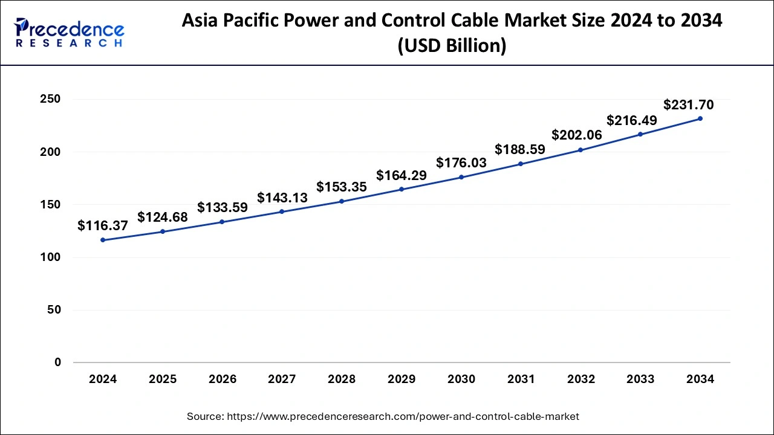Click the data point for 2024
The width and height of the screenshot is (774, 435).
tap(103, 240)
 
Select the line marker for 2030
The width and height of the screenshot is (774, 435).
tap(461, 177)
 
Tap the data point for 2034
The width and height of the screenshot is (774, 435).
tap(700, 118)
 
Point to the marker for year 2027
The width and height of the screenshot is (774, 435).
tap(282, 211)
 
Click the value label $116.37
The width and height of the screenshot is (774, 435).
tap(103, 226)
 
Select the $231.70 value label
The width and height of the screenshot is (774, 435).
tap(688, 105)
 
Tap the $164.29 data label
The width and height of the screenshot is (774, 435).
tap(402, 176)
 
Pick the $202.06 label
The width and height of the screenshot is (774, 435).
tap(577, 135)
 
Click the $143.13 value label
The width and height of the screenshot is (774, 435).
tap(282, 198)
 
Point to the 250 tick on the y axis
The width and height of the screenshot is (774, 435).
tap(51, 99)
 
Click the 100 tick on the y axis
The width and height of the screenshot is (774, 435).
tap(51, 257)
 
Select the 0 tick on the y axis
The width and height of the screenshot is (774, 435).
tap(57, 362)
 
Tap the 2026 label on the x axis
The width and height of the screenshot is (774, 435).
tap(223, 379)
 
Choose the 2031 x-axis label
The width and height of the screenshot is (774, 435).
tap(521, 379)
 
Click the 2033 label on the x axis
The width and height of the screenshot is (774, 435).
tap(640, 379)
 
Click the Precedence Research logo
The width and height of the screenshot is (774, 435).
tap(70, 32)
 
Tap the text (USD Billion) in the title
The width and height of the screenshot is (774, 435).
tap(452, 45)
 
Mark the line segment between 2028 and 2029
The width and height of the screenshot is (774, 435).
tap(371, 195)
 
